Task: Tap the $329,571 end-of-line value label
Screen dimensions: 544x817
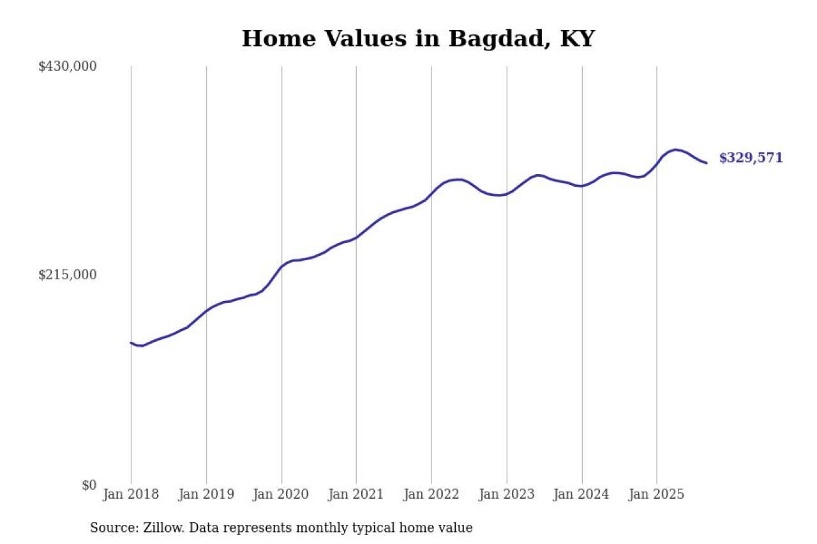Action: coord(751,158)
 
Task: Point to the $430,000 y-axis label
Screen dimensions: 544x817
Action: coord(68,66)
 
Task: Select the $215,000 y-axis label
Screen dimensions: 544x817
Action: coord(68,275)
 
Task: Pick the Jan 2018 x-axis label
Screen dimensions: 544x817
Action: coord(131,494)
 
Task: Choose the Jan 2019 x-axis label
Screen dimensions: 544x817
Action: coord(206,494)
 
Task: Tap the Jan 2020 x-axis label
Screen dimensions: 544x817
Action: coord(281,494)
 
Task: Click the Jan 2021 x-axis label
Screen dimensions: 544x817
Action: coord(356,494)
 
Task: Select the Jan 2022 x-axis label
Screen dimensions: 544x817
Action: coord(431,494)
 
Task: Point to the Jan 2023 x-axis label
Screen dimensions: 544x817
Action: coord(507,494)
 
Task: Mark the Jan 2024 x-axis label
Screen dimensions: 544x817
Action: coord(581,494)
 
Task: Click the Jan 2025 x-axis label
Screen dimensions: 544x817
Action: coord(657,494)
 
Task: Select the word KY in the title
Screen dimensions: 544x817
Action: coord(577,39)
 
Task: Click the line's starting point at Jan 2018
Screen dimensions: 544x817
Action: coord(131,343)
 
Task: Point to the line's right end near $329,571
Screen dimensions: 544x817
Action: coord(706,163)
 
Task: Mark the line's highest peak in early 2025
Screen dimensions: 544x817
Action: coord(675,150)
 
